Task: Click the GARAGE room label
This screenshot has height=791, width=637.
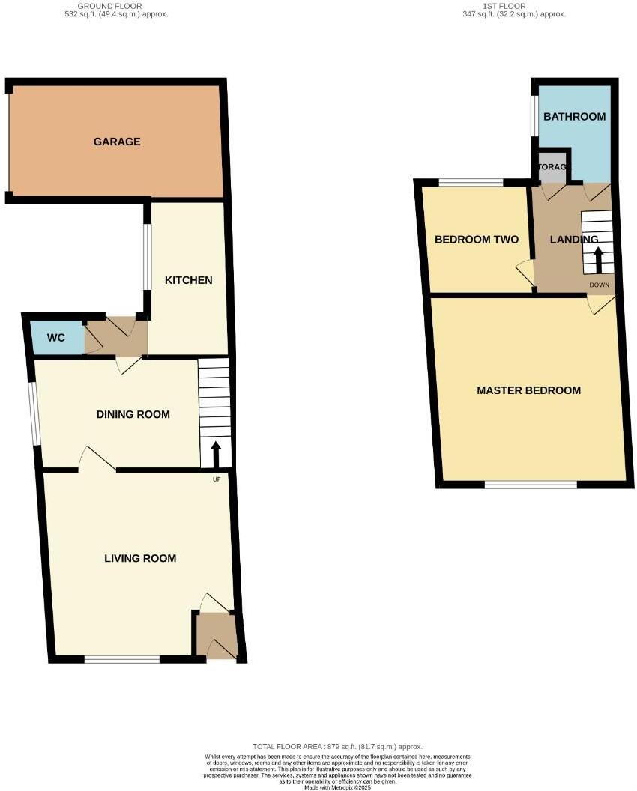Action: tap(117, 142)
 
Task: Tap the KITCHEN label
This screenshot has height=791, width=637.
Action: tap(189, 280)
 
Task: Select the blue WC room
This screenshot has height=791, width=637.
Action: tap(56, 338)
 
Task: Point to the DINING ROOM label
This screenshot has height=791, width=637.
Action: tap(133, 414)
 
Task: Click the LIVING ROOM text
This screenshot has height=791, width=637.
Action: tap(140, 558)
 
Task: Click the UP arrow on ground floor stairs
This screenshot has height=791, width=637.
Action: tap(217, 454)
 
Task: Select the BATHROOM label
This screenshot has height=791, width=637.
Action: tap(574, 117)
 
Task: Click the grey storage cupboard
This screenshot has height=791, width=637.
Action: tap(553, 167)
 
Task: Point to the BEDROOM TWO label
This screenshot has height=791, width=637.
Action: tap(477, 240)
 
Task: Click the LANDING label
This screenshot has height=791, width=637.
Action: tap(574, 240)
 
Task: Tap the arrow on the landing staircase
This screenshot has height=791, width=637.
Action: tap(598, 261)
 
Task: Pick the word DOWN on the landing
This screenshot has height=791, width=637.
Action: tap(599, 285)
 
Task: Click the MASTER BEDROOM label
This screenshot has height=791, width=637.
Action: tap(529, 390)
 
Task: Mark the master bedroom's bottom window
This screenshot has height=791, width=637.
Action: tap(531, 485)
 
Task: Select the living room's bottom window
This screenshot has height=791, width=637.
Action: tap(122, 660)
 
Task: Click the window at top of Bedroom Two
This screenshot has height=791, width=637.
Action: tap(471, 182)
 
